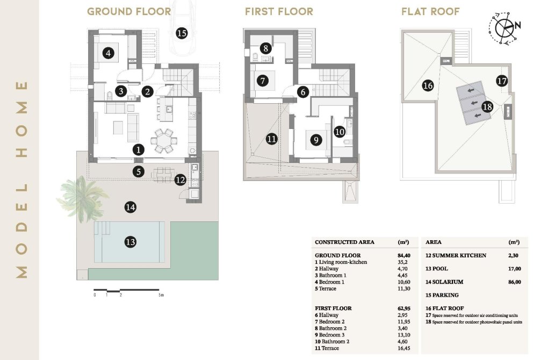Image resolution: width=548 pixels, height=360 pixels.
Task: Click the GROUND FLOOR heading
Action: (129, 11)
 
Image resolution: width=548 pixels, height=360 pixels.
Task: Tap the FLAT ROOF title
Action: (430, 11)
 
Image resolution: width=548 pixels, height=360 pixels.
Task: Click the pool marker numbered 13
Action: (130, 242)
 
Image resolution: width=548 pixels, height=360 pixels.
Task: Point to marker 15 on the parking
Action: (181, 33)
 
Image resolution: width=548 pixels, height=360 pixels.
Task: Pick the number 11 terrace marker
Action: (272, 139)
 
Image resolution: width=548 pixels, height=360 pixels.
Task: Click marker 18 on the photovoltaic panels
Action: (487, 106)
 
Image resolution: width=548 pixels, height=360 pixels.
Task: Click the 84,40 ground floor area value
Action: (400, 255)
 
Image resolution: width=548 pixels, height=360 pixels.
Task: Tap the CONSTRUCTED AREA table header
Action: (344, 242)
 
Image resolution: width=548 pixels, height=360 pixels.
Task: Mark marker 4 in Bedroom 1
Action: (109, 53)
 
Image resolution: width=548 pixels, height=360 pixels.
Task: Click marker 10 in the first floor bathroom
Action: (340, 131)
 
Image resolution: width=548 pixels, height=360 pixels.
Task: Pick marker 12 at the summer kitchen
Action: (181, 180)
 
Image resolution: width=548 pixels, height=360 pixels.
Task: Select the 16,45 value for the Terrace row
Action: (400, 348)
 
